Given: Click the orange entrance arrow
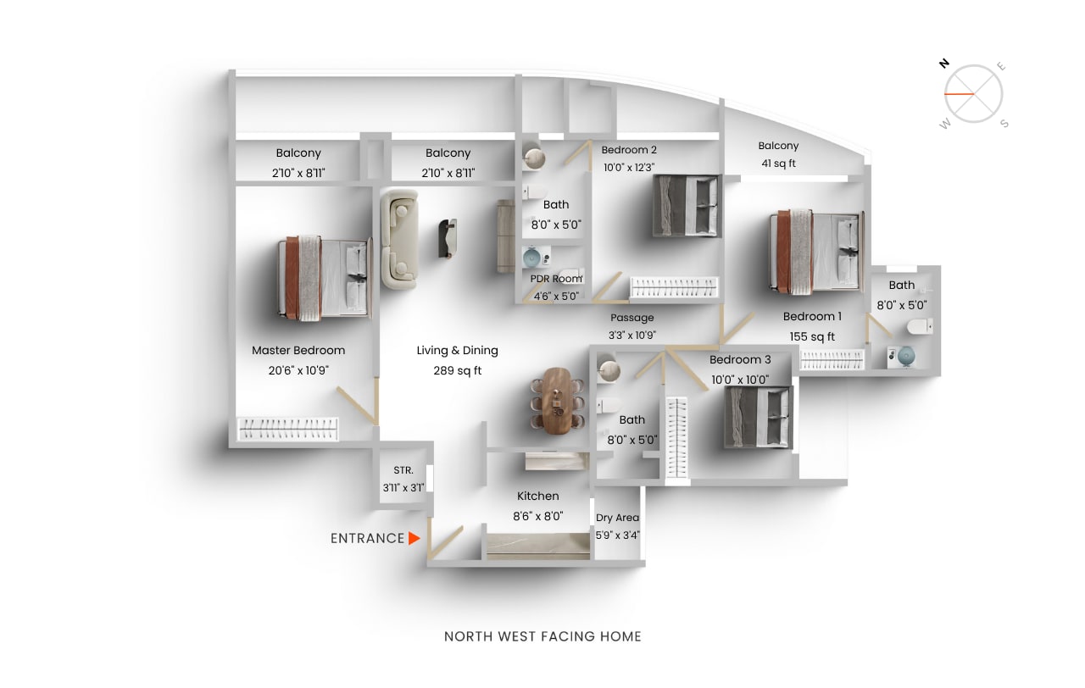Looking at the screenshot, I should (414, 538).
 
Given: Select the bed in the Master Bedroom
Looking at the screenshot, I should (325, 278).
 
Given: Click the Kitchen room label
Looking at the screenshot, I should (538, 496).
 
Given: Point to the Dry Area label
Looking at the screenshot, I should (617, 518).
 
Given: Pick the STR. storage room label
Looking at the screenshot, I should (403, 470).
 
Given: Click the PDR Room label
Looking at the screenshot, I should (556, 279).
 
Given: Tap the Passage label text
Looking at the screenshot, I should (632, 318).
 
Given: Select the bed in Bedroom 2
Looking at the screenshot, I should (687, 206).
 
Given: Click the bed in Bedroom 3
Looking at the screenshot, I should (758, 417).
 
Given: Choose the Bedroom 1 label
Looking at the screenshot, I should (812, 316).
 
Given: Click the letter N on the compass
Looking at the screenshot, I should (943, 64).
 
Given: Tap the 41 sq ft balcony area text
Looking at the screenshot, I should (778, 164).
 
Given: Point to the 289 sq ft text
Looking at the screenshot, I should (457, 370).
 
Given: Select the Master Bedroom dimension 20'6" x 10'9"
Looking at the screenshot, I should (298, 370).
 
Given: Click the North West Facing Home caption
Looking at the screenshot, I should (542, 636).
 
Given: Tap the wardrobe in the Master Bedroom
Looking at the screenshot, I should (287, 429).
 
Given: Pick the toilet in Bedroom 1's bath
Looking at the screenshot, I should (919, 326).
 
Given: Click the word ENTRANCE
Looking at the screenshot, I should (367, 538).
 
